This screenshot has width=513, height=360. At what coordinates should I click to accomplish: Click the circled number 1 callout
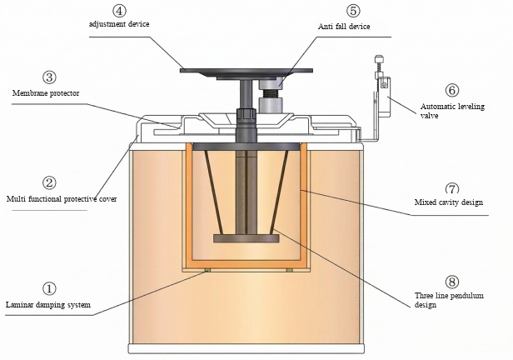pyautogui.click(x=49, y=289)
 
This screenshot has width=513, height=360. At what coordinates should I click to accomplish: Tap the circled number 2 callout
pyautogui.click(x=49, y=182)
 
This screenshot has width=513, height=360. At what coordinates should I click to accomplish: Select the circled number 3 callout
pyautogui.click(x=49, y=77)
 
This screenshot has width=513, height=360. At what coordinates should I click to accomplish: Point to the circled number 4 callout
pyautogui.click(x=120, y=11)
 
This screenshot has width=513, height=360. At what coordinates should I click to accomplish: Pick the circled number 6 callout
pyautogui.click(x=452, y=90)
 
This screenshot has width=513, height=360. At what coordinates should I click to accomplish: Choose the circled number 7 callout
pyautogui.click(x=452, y=188)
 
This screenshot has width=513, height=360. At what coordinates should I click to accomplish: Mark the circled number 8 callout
pyautogui.click(x=452, y=282)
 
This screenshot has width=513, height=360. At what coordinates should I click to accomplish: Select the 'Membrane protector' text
pyautogui.click(x=46, y=92)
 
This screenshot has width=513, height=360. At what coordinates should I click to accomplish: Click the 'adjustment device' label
pyautogui.click(x=120, y=24)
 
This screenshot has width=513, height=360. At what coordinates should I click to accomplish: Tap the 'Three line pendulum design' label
pyautogui.click(x=449, y=300)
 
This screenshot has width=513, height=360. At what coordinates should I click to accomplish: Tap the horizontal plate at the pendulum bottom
pyautogui.click(x=245, y=239)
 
